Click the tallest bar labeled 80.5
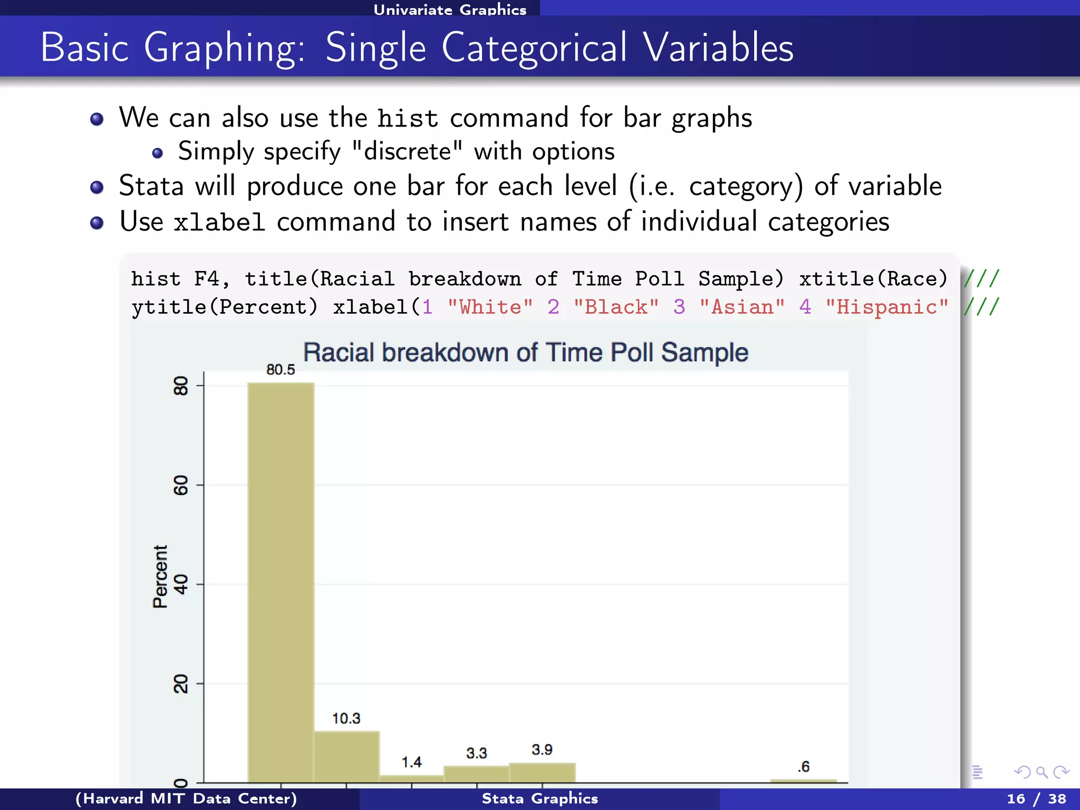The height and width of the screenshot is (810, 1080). click(x=281, y=580)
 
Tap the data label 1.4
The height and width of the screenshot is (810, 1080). click(x=411, y=762)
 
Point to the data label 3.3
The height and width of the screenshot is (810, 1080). click(x=476, y=753)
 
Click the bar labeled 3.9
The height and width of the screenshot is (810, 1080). click(x=542, y=773)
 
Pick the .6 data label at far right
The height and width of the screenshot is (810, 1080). click(x=803, y=767)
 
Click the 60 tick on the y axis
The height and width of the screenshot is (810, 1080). click(x=181, y=485)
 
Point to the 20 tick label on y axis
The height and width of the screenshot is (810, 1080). click(x=181, y=683)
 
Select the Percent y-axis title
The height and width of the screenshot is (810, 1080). click(x=160, y=576)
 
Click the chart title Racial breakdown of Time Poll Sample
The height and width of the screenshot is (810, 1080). click(x=525, y=352)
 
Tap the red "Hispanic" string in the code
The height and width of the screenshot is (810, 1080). click(x=887, y=307)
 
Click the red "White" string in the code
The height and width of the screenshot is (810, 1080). click(x=490, y=307)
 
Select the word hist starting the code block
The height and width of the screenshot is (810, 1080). click(x=156, y=278)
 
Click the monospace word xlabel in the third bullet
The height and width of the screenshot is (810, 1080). click(x=219, y=222)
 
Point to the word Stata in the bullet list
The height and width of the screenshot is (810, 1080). click(x=151, y=186)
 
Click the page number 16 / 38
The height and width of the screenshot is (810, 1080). click(x=1036, y=799)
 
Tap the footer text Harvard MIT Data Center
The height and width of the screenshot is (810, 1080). click(x=186, y=799)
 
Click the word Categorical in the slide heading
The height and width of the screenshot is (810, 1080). click(x=534, y=47)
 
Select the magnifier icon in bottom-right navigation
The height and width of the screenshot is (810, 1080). click(x=1042, y=773)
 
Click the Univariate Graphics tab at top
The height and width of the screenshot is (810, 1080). click(x=450, y=9)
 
